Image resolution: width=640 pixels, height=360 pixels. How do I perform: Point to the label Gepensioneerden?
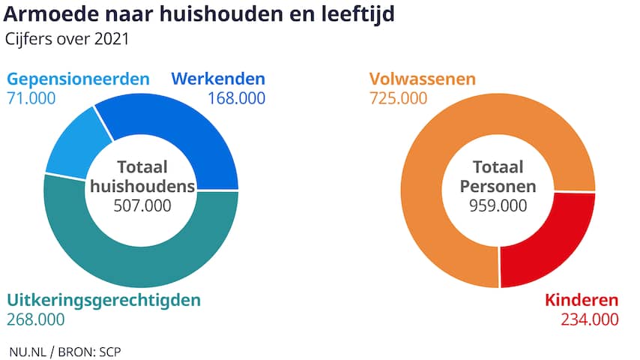79,79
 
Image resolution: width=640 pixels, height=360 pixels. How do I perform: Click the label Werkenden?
218,79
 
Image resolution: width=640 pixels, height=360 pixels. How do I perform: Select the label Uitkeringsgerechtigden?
104,300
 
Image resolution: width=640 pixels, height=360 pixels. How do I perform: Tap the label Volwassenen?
422,79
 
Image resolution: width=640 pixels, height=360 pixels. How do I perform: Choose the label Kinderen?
582,300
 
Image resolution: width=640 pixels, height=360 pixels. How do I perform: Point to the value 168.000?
236,98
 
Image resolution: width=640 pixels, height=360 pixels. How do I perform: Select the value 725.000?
399,98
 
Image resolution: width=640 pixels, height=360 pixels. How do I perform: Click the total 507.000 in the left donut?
142,205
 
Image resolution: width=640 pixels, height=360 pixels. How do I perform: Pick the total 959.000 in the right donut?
498,205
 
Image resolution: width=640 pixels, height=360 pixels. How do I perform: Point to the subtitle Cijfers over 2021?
66,38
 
